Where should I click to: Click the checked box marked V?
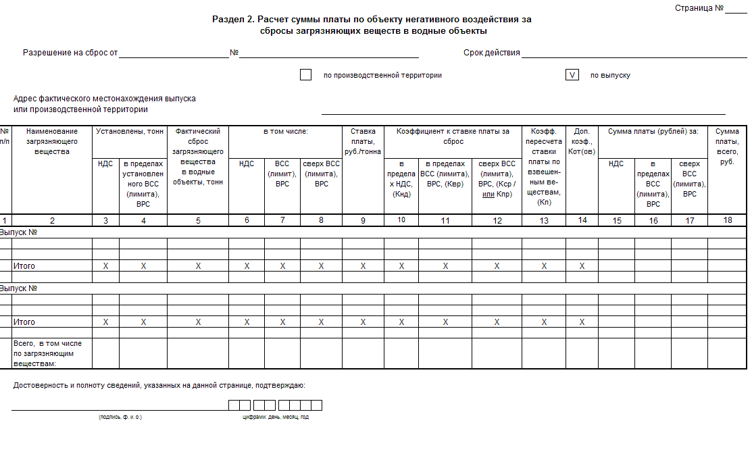coord(572,75)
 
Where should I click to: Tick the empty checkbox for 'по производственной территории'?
coord(305,75)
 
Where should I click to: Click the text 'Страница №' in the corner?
coord(699,8)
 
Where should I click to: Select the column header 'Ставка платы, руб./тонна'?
coord(363,143)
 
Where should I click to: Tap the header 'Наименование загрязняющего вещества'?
coord(52,142)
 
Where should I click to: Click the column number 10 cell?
coord(401,220)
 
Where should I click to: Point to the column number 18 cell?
coord(728,220)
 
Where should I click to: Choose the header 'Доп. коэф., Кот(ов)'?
coord(582,142)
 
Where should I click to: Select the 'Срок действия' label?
coord(491,53)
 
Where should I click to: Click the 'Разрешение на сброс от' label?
coord(70,53)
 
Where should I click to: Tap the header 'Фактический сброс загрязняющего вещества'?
coord(198,156)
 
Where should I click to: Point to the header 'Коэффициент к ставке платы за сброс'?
coord(453,136)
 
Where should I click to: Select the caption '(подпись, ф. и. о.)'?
coord(120,417)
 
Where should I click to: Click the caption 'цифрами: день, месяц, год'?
coord(276,417)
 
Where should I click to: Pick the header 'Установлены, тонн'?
coord(130,131)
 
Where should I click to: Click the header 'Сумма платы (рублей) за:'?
coord(653,131)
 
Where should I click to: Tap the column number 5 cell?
coord(198,220)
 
